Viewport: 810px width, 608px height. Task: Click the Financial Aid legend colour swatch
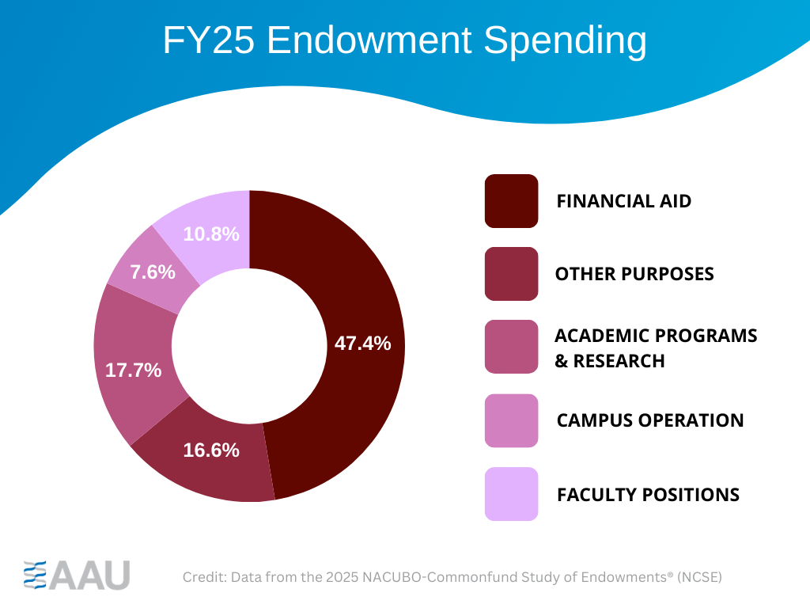click(x=511, y=201)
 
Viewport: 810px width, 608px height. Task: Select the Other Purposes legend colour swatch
click(x=511, y=274)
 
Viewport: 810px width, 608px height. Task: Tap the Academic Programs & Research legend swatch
click(x=511, y=347)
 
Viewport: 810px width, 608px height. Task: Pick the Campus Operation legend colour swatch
click(x=511, y=420)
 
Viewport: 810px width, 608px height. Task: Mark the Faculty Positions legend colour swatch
click(x=511, y=494)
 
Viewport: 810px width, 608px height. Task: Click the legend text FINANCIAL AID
click(x=623, y=201)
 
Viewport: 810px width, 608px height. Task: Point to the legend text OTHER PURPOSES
click(x=634, y=274)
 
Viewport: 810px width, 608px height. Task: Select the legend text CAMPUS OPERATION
click(x=650, y=420)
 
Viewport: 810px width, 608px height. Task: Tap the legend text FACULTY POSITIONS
click(x=648, y=495)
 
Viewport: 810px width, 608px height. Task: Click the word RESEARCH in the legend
click(x=619, y=361)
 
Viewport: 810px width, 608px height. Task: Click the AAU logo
click(x=77, y=574)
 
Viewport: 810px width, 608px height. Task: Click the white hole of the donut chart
click(x=249, y=346)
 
